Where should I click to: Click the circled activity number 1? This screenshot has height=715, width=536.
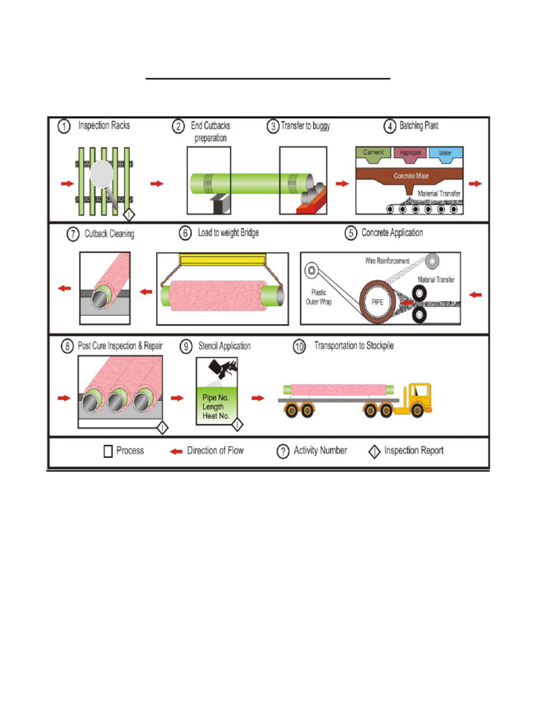[64, 126]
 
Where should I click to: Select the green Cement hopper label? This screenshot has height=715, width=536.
[373, 152]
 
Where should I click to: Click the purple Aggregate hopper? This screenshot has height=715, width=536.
[410, 152]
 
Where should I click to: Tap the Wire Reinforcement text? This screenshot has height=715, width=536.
[387, 260]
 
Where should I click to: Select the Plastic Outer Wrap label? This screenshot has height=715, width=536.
[318, 297]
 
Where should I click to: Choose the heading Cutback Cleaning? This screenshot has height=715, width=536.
[109, 234]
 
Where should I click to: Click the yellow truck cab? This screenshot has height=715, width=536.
[419, 398]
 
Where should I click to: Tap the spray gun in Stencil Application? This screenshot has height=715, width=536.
[225, 369]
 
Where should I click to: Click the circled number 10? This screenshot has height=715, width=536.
[299, 346]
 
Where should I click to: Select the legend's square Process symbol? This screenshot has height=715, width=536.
[107, 451]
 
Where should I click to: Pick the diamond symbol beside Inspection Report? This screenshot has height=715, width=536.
[374, 451]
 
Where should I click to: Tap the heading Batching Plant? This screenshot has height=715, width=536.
[419, 126]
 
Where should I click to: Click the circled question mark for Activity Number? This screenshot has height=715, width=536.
[283, 451]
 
